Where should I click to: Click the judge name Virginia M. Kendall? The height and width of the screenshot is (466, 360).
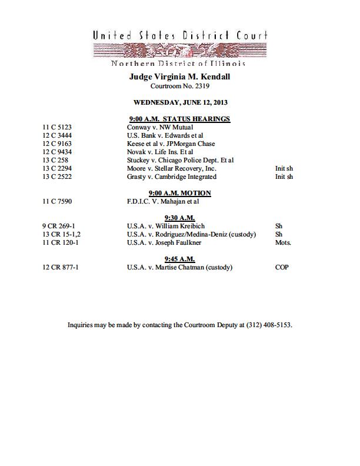click(x=179, y=76)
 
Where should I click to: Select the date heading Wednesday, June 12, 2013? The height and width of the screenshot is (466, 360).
click(x=179, y=102)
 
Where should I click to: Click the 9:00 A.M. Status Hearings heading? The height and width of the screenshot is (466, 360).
click(x=179, y=119)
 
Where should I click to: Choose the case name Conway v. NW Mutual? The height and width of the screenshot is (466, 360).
click(x=160, y=127)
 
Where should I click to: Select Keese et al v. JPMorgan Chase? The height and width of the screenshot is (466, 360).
click(x=171, y=144)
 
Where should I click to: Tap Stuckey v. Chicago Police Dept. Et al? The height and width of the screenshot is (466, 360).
click(x=181, y=160)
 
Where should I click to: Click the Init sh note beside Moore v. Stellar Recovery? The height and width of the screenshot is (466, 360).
click(x=284, y=168)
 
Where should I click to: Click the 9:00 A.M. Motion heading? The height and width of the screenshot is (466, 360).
click(x=179, y=193)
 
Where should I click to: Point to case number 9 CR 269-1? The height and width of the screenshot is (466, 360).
click(x=58, y=226)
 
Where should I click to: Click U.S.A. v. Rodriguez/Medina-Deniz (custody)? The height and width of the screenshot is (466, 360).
click(x=191, y=234)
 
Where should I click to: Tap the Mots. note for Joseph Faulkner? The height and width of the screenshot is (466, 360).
click(x=283, y=242)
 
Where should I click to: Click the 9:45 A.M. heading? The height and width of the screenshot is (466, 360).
click(x=179, y=259)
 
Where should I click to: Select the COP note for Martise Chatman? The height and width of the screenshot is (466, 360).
click(x=282, y=267)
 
